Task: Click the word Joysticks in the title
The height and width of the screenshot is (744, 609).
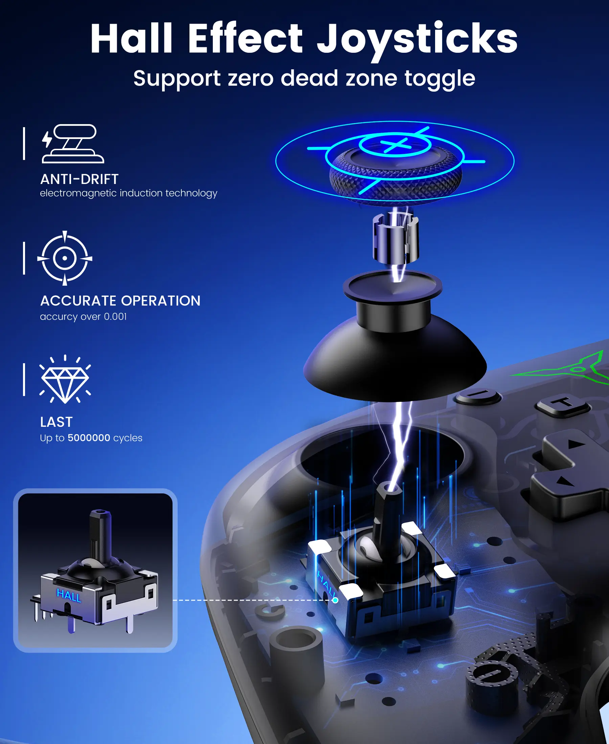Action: (417, 40)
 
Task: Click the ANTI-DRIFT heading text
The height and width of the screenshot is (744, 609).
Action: (80, 179)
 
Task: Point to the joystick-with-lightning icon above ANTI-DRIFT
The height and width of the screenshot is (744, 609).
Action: (73, 144)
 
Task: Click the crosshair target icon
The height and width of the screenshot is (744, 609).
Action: (65, 258)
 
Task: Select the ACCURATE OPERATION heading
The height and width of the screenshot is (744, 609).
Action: (120, 301)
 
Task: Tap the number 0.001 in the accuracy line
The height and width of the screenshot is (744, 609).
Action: (115, 317)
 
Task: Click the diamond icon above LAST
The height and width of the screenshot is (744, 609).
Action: (65, 379)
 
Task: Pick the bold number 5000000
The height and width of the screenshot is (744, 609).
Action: (89, 438)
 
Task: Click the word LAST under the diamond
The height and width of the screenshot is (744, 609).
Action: (57, 422)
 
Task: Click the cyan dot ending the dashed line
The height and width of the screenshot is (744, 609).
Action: (335, 600)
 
